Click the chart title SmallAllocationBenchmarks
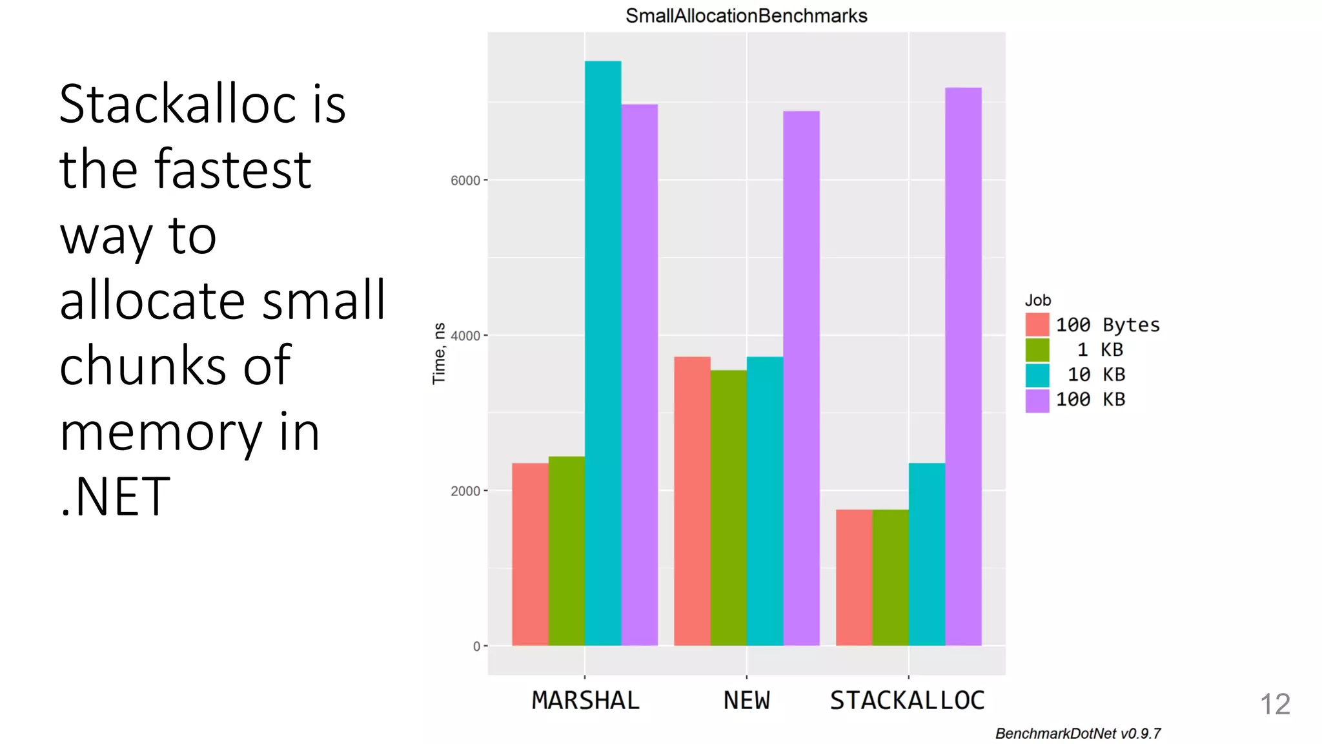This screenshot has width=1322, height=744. tap(746, 15)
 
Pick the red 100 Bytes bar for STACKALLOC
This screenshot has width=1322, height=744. tap(854, 577)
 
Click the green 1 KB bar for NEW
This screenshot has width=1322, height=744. tap(729, 508)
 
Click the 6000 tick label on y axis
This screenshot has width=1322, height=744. tap(465, 181)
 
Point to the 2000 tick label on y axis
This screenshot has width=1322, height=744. tap(465, 491)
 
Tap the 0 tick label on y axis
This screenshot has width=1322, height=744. tap(476, 646)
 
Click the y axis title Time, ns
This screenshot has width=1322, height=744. tap(439, 353)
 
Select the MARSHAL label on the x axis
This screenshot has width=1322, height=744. tap(585, 701)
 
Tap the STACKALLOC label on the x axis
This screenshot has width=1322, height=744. tap(907, 701)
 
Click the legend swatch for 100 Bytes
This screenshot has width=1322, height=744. tap(1037, 325)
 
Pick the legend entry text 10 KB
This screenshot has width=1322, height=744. tap(1096, 375)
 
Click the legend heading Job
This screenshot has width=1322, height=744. tap(1037, 300)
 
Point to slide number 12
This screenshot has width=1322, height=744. tap(1275, 704)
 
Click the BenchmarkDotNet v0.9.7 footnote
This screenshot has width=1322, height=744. tap(1077, 734)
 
